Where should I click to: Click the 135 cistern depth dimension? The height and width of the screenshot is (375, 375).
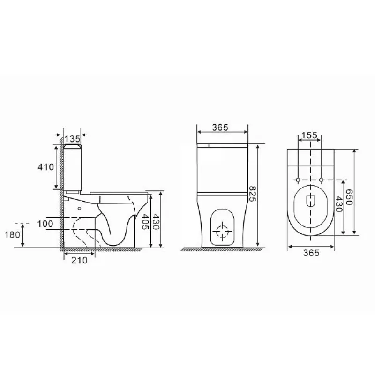72,139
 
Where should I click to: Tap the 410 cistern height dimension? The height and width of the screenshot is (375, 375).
45,167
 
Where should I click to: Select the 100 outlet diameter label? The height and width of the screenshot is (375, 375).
45,224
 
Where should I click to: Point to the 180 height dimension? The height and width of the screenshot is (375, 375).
12,235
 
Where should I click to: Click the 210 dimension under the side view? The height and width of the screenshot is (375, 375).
79,260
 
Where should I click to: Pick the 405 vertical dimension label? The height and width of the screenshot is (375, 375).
145,221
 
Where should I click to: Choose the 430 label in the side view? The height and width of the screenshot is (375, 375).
156,221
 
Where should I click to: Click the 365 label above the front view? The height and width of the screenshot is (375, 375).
220,127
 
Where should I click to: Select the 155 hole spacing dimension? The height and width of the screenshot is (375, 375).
309,135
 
